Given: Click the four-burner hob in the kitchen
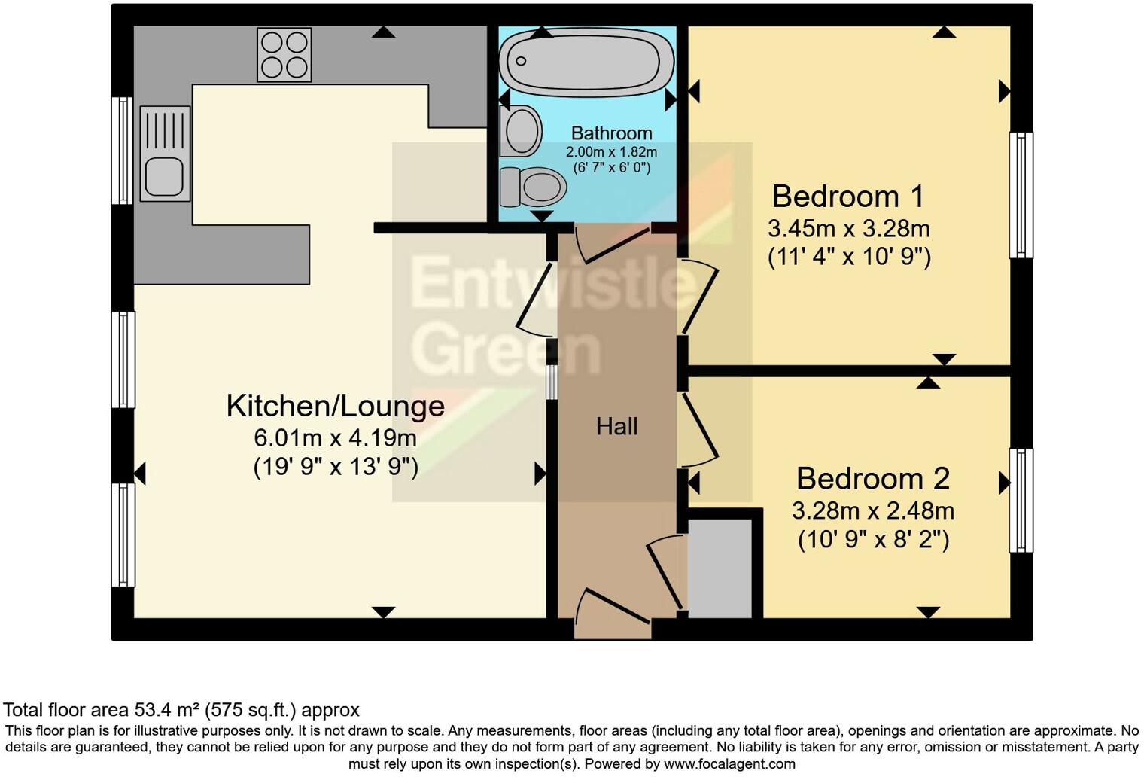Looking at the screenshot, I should click(284, 55).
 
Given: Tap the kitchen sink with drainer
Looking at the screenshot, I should click(165, 154).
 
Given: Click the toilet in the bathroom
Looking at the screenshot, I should click(533, 186).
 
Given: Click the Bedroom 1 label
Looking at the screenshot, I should click(848, 197).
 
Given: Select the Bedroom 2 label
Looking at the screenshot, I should click(873, 479).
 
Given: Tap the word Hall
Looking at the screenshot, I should click(616, 427).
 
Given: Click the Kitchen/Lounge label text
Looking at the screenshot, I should click(336, 406).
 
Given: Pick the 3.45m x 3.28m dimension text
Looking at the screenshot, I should click(849, 228).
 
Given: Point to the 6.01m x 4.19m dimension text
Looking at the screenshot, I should click(336, 437).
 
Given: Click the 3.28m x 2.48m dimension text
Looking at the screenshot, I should click(873, 511).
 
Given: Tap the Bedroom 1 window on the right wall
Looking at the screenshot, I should click(1021, 195).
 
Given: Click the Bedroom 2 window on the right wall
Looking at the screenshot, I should click(1021, 501).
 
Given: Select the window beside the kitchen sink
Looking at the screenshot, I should click(122, 151).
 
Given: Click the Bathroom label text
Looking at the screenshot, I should click(611, 133).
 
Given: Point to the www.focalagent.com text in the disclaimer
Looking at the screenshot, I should click(729, 764).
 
